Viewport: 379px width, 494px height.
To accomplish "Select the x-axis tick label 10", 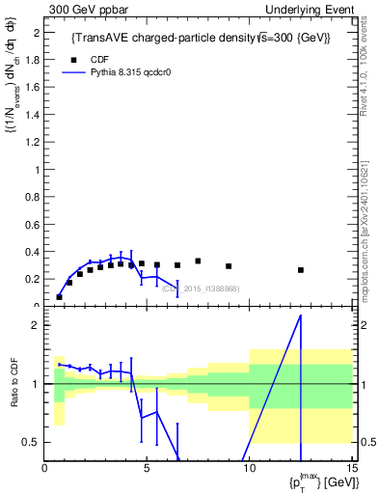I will click(248, 469).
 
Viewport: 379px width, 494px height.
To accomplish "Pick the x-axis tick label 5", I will click(147, 469).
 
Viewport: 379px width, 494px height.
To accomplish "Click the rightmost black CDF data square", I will click(301, 270).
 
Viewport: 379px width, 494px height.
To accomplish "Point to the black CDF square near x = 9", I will click(229, 266).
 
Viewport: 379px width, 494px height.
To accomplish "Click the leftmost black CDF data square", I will click(59, 297).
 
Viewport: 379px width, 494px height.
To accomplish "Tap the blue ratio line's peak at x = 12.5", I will click(301, 316).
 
